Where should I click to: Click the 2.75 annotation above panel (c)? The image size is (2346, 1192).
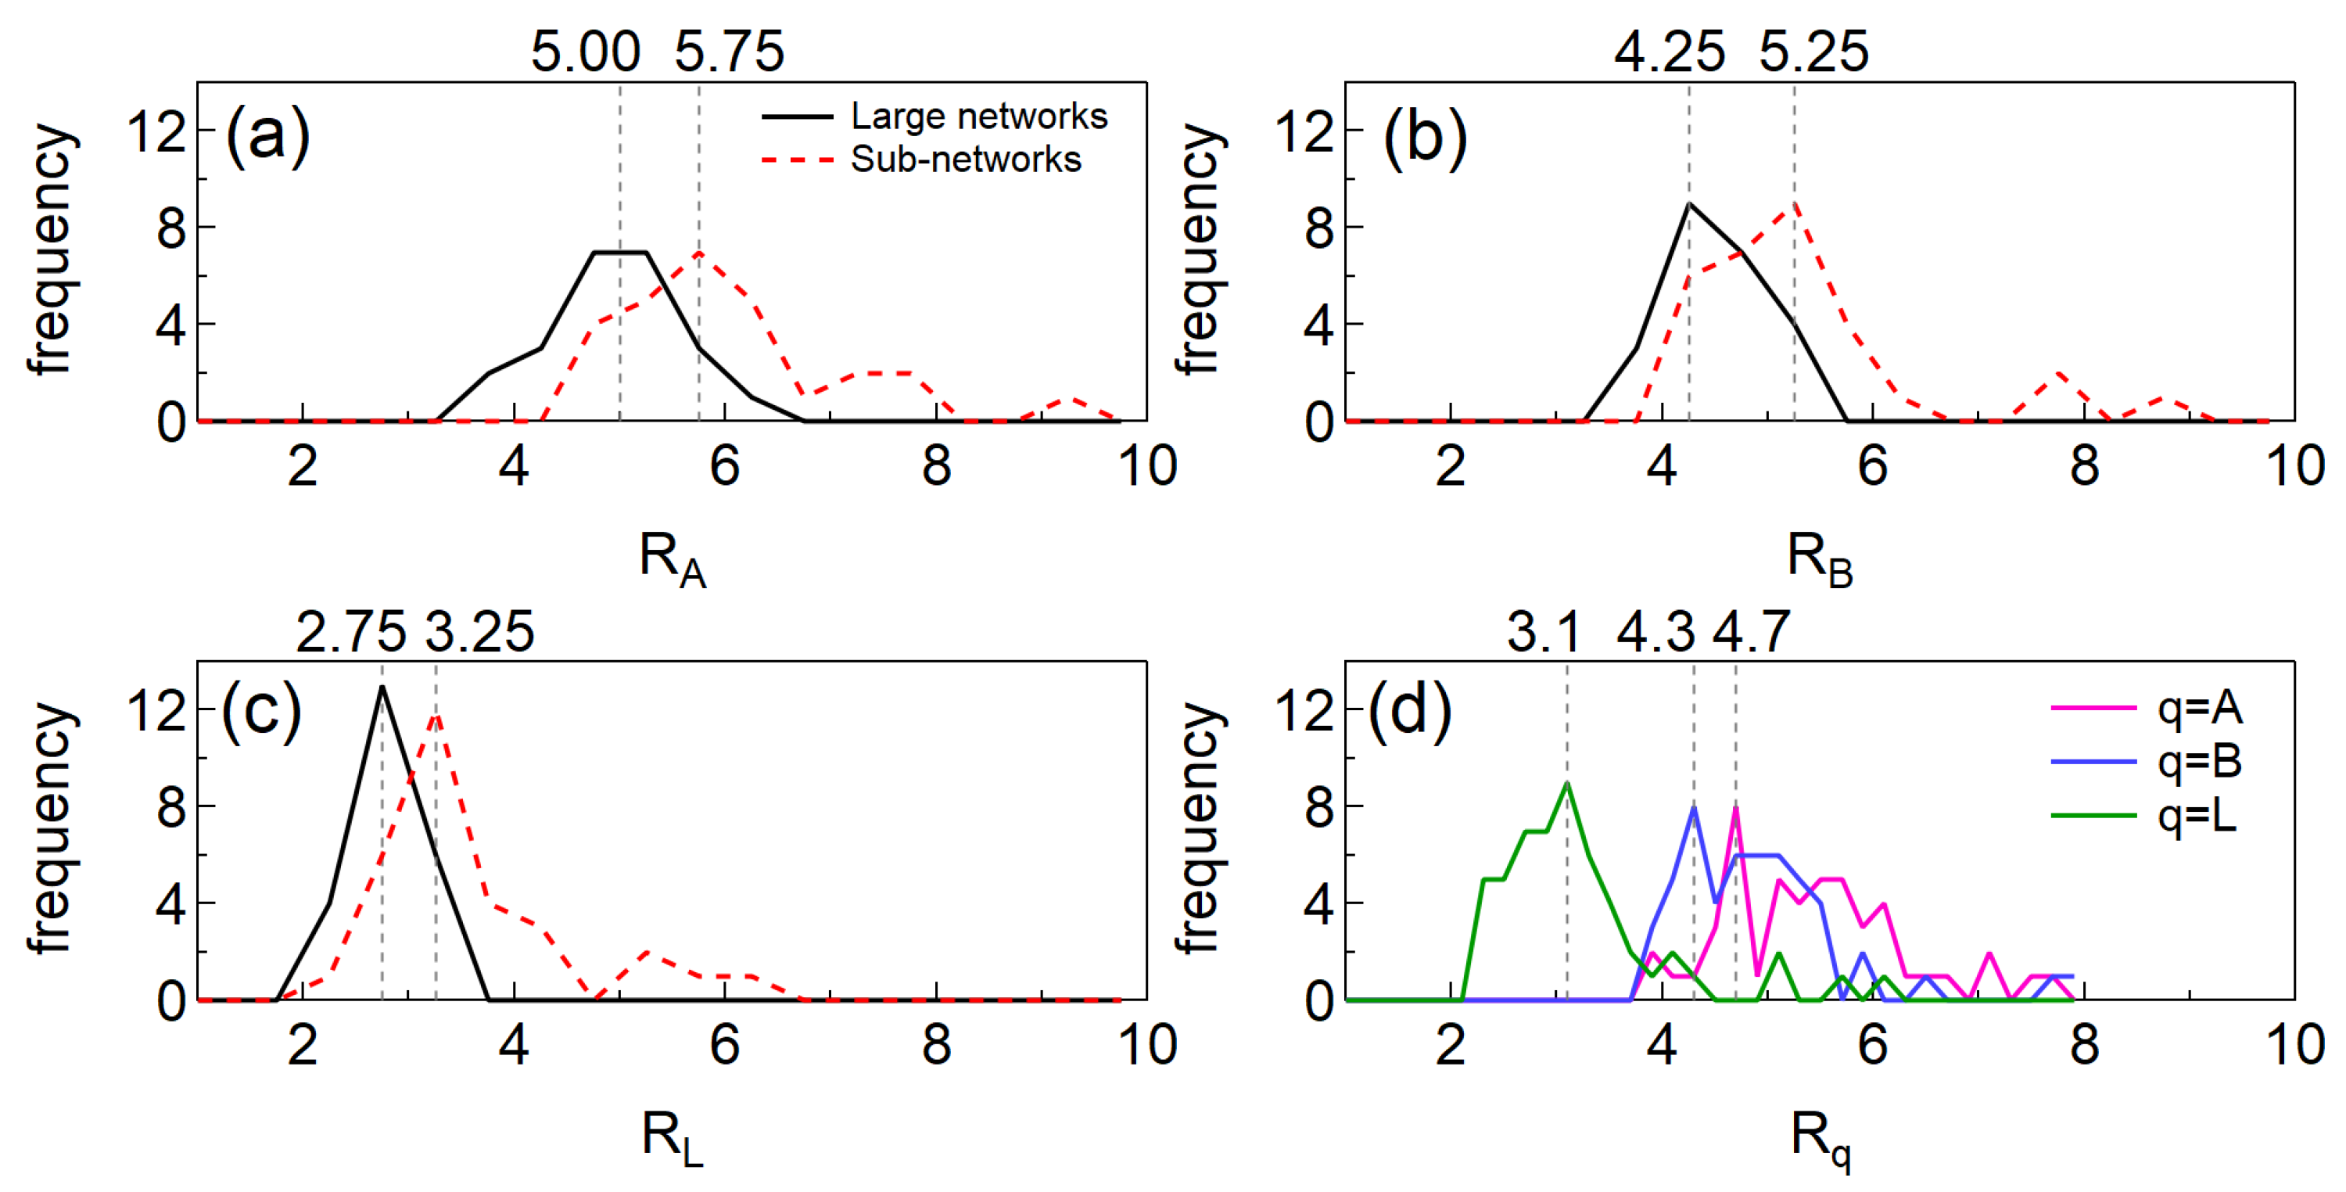click(x=350, y=631)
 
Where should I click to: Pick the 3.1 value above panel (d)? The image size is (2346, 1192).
click(x=1544, y=631)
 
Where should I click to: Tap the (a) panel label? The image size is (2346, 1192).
click(x=267, y=137)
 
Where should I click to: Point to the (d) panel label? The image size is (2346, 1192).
click(x=1409, y=712)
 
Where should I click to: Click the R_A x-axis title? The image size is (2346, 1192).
click(x=672, y=558)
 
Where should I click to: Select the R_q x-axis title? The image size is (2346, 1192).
click(x=1820, y=1138)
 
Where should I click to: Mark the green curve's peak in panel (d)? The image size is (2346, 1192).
click(x=1567, y=783)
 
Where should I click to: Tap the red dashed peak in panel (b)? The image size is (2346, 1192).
click(x=1794, y=204)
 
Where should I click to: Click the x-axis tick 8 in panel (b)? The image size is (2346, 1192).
click(x=2084, y=466)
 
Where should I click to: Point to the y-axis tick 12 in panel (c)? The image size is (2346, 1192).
click(x=156, y=711)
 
